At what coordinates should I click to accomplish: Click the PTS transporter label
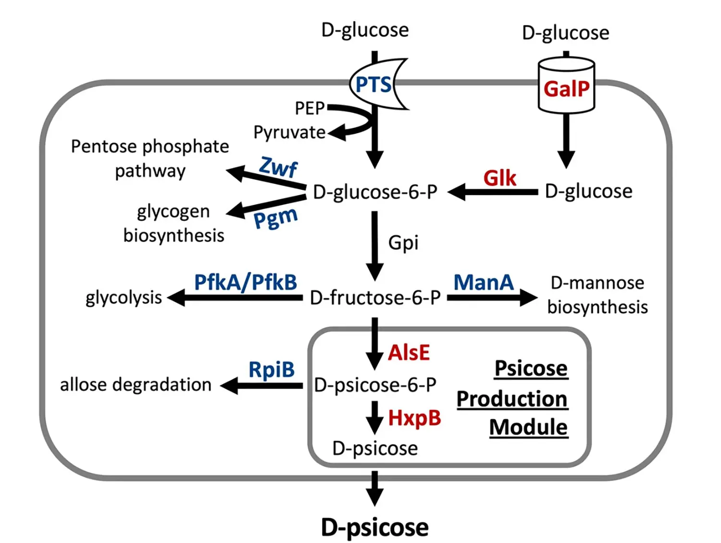[x=373, y=85]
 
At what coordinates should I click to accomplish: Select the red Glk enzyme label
[x=499, y=178]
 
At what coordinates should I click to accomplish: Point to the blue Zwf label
[x=278, y=167]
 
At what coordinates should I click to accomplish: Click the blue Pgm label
[x=275, y=219]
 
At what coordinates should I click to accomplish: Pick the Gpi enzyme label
[x=403, y=243]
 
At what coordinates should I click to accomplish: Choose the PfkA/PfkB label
[x=245, y=283]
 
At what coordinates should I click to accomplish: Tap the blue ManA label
[x=484, y=283]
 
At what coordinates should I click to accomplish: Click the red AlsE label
[x=409, y=353]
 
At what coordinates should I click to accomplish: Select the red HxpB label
[x=414, y=418]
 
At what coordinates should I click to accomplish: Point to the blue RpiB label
[x=271, y=370]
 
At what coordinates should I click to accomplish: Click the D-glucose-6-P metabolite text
[x=375, y=192]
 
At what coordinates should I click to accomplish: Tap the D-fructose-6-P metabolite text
[x=375, y=298]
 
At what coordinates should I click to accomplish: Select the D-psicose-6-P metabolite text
[x=375, y=385]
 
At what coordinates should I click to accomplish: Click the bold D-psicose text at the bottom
[x=374, y=528]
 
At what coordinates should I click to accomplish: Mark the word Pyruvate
[x=289, y=132]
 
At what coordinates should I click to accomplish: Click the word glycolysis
[x=124, y=298]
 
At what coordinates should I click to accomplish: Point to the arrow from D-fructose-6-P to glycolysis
[x=236, y=298]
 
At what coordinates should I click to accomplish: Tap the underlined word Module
[x=528, y=427]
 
